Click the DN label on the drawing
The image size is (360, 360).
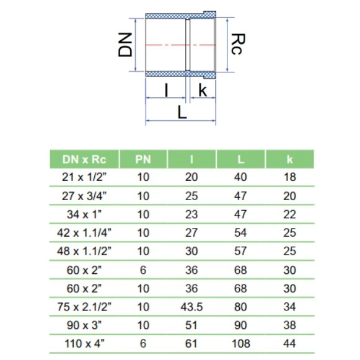(125, 45)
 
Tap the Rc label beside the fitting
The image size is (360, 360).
(238, 44)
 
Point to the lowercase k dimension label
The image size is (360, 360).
(203, 90)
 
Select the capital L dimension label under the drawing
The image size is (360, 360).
(182, 113)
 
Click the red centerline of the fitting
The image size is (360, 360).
(180, 45)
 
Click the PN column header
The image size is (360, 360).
(143, 159)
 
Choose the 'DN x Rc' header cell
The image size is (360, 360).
(84, 159)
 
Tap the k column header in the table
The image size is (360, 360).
(290, 159)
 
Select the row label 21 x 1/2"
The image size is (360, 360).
(84, 177)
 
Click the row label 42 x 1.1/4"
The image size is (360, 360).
(84, 233)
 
